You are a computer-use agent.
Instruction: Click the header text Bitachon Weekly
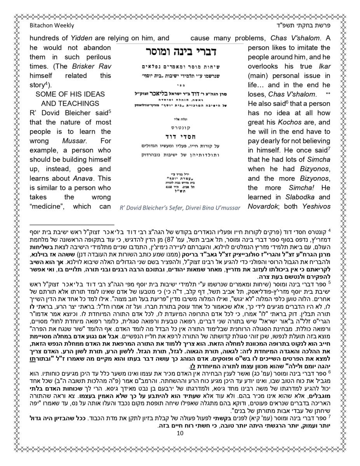click(52, 26)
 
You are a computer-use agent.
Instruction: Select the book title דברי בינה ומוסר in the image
click(181, 51)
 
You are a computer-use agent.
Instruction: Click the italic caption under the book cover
click(180, 208)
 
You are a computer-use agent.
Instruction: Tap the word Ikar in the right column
click(325, 66)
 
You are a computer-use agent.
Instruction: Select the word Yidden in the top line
click(81, 38)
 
